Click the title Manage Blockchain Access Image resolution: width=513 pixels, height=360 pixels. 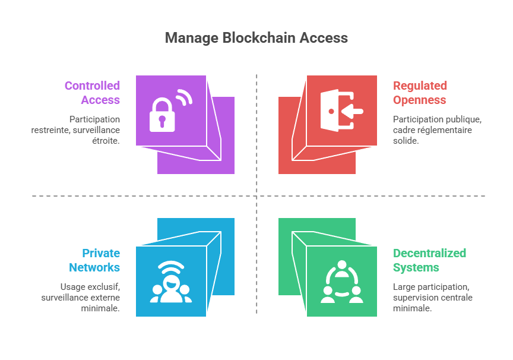click(x=256, y=38)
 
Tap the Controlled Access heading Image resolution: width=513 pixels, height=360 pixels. click(x=93, y=93)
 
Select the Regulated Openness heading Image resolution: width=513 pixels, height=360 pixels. click(x=420, y=93)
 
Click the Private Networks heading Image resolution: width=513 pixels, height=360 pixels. click(x=94, y=260)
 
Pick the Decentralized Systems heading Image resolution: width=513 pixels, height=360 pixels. click(x=429, y=260)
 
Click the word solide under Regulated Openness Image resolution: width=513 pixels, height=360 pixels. click(x=406, y=140)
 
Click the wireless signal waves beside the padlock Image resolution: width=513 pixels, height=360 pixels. click(x=184, y=97)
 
